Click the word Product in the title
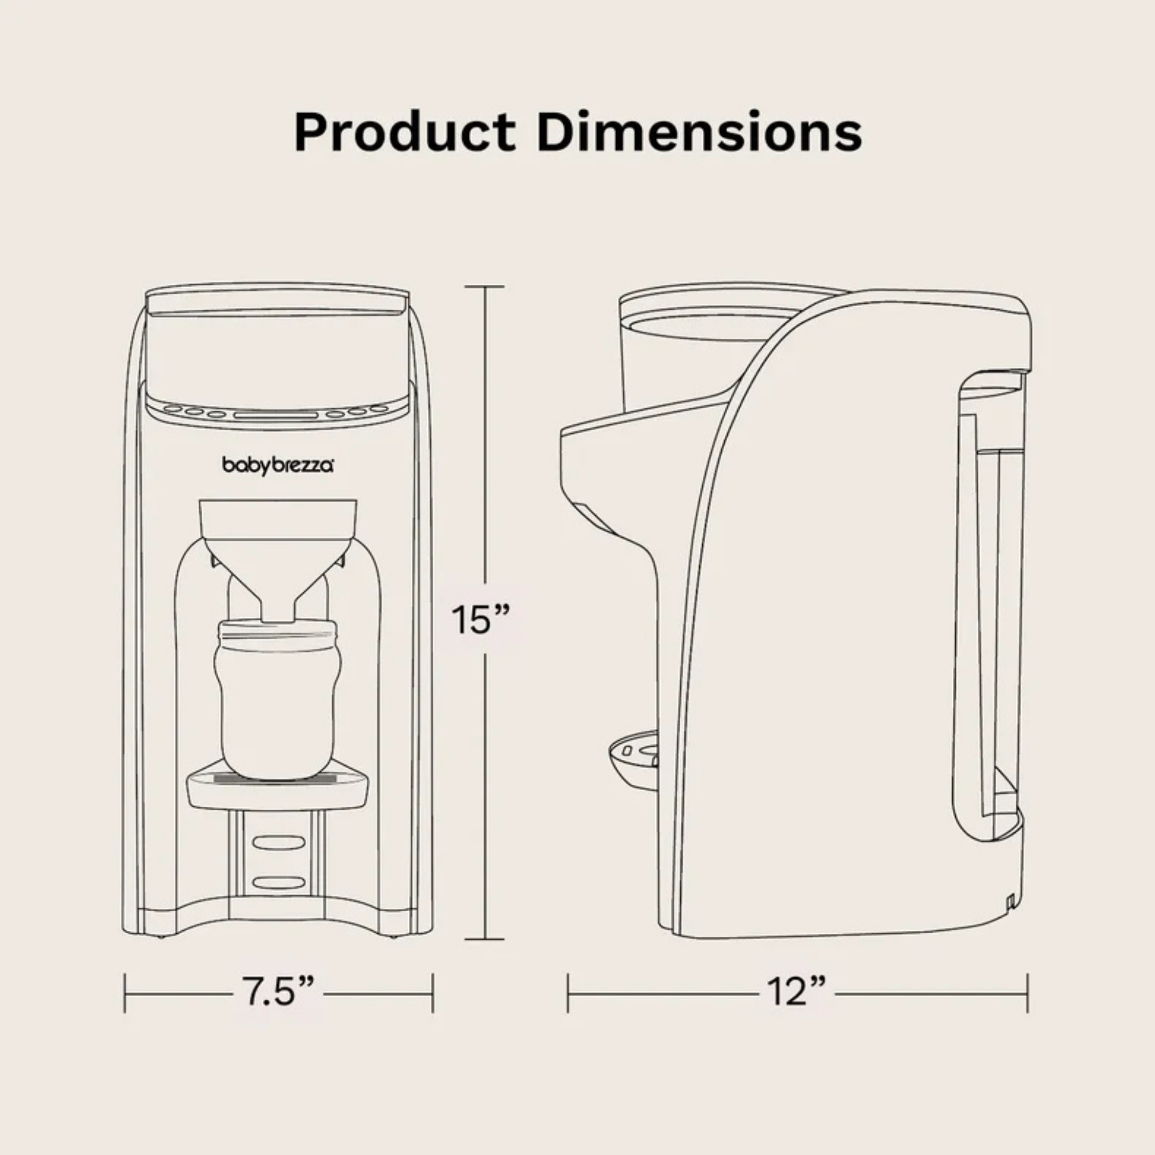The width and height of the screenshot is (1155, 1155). click(404, 132)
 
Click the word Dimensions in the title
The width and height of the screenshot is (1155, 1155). click(699, 132)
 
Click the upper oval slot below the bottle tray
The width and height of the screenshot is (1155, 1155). click(278, 843)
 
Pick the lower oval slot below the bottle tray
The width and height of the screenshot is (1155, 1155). click(278, 882)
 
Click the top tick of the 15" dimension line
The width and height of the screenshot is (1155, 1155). click(485, 287)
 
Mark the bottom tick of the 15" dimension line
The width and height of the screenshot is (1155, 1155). click(485, 939)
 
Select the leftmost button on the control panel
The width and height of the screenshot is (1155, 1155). click(173, 409)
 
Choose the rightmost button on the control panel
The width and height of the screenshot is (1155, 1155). click(378, 409)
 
